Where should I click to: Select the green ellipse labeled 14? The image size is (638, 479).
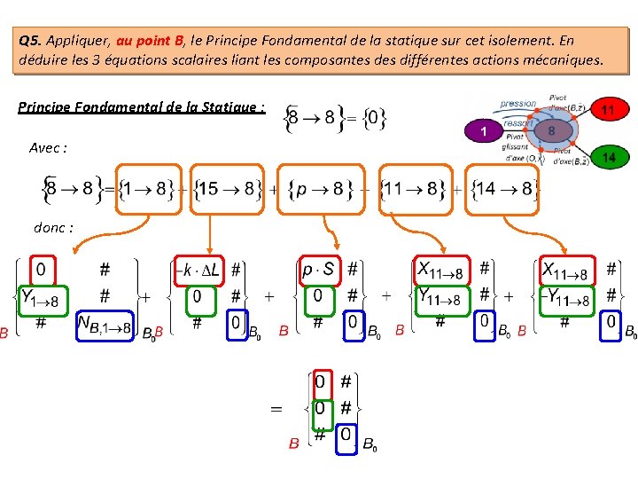[609, 157]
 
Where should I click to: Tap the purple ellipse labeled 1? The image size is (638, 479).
[484, 131]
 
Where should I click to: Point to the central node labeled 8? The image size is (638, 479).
[551, 130]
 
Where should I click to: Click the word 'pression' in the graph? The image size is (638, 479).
[517, 104]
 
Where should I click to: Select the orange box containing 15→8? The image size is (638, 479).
[227, 188]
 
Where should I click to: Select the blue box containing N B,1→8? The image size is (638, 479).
[105, 326]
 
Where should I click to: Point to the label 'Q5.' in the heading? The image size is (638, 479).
[30, 41]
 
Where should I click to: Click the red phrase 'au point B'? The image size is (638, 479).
[150, 41]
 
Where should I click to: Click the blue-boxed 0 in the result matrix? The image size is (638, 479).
[347, 437]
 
